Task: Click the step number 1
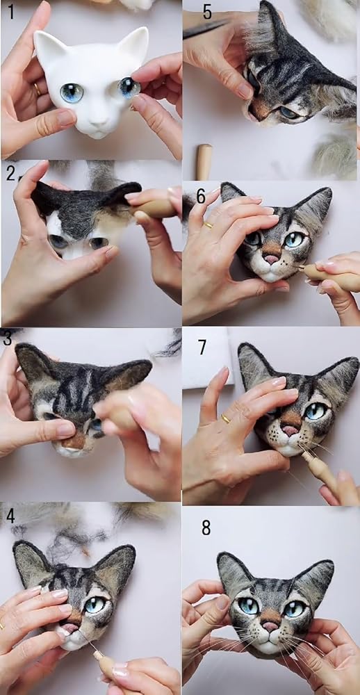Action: (x=11, y=11)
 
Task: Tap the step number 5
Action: (x=208, y=12)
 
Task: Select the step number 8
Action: (x=206, y=528)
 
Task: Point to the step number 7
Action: (x=203, y=347)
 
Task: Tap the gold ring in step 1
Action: (x=38, y=89)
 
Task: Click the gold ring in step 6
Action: (x=208, y=225)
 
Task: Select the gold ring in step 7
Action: (x=226, y=418)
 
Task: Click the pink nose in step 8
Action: (x=270, y=626)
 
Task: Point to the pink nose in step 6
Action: (x=270, y=259)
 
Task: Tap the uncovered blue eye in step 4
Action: (x=95, y=605)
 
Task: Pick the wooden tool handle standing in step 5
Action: (x=204, y=162)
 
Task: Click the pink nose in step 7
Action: (x=290, y=430)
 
